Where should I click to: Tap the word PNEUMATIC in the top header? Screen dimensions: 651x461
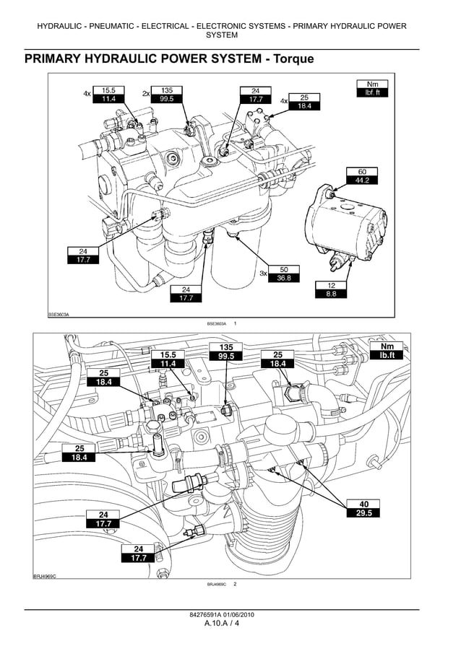coord(119,26)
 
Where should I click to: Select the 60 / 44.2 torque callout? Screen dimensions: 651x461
coord(361,176)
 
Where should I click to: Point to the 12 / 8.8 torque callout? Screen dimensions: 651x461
coord(331,289)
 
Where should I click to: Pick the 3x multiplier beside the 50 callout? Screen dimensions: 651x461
coord(264,274)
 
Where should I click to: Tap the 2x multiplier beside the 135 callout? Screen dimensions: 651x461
coord(145,93)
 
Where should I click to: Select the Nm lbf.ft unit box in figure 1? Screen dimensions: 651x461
coord(372,89)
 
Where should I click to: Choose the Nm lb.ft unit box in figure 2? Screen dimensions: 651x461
coord(387,351)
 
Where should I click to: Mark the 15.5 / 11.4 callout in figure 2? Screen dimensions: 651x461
coord(168,359)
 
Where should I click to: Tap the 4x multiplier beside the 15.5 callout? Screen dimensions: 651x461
coord(87,94)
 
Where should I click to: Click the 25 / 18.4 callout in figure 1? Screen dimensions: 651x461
coord(304,102)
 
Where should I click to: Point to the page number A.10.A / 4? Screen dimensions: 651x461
coord(221,624)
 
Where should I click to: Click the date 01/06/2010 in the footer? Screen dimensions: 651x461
coord(238,615)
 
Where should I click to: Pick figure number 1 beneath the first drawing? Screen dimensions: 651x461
coord(236,324)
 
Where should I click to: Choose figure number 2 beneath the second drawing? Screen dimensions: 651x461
coord(235,584)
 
